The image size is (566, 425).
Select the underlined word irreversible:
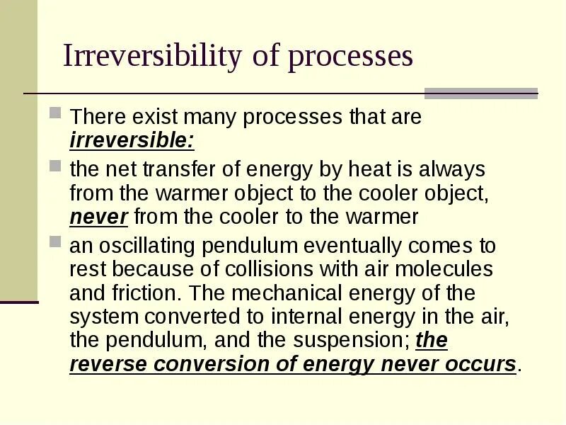[132, 140]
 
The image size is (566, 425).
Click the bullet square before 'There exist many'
[56, 113]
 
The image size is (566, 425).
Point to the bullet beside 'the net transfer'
[56, 166]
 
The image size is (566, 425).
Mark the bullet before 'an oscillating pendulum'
[56, 242]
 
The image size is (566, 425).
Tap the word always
[452, 169]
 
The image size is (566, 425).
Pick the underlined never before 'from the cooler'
[98, 217]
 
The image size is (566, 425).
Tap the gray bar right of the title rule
[481, 93]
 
